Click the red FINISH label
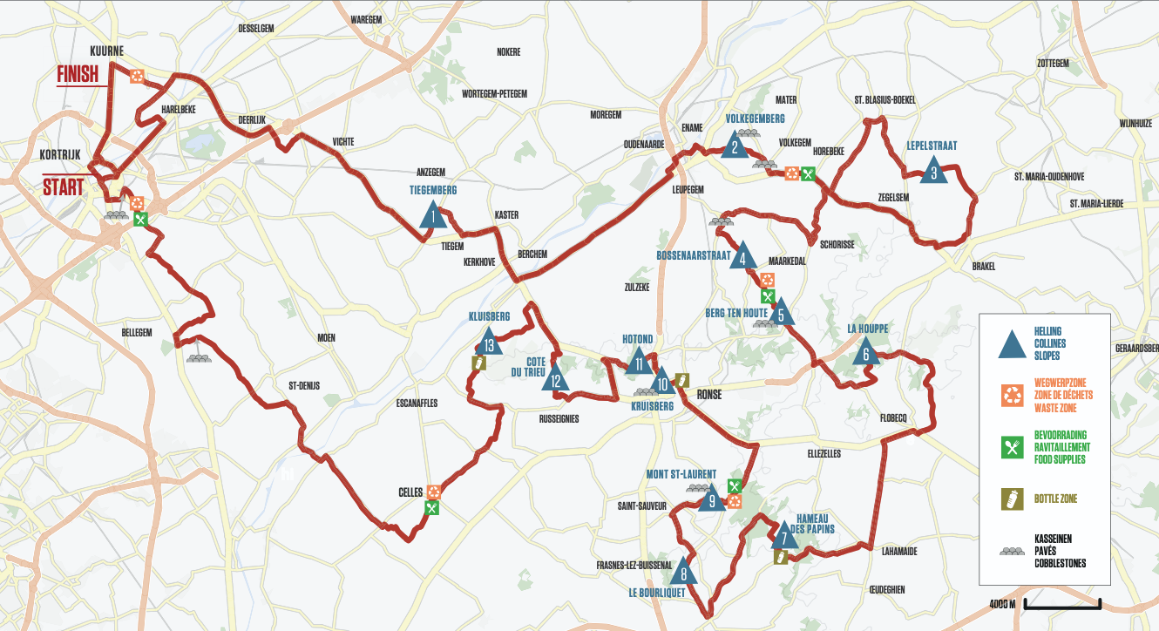point(78,75)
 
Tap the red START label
point(64,187)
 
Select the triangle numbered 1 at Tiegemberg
point(431,214)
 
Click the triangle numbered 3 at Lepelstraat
point(933,170)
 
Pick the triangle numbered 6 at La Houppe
point(865,352)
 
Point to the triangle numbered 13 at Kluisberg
point(491,343)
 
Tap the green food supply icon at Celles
point(431,507)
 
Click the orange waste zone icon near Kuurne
point(137,76)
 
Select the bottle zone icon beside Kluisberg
point(478,363)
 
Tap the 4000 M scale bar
point(1062,603)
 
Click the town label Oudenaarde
point(645,144)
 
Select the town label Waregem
point(367,19)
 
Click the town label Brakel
point(983,267)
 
